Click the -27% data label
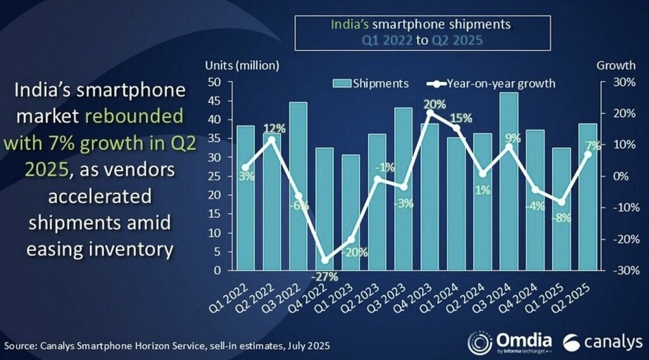click(324, 276)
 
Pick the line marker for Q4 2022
click(324, 260)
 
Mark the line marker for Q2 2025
click(588, 154)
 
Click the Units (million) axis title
click(241, 65)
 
